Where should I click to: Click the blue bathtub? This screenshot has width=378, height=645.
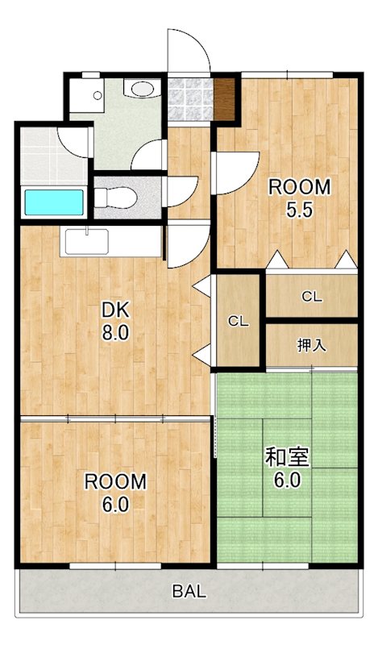click(x=54, y=202)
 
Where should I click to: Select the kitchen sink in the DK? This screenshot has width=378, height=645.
click(x=86, y=241)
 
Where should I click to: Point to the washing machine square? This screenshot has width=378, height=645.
click(x=85, y=96)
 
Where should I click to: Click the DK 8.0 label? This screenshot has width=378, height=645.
click(x=115, y=322)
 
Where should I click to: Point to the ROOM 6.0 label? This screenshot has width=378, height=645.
click(x=116, y=493)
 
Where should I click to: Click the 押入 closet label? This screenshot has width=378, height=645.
click(x=312, y=346)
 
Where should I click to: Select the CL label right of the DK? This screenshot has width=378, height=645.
click(x=238, y=321)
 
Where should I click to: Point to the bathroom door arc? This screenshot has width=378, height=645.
click(x=77, y=142)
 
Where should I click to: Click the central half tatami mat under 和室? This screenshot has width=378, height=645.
click(x=287, y=493)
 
